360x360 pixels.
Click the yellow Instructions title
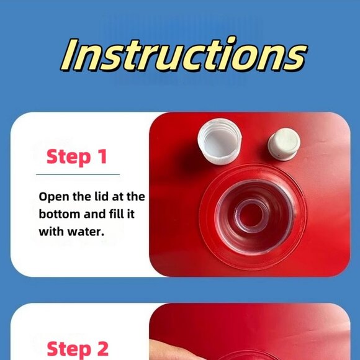pyautogui.click(x=184, y=55)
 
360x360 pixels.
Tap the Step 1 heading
pyautogui.click(x=77, y=157)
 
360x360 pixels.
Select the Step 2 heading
pyautogui.click(x=78, y=349)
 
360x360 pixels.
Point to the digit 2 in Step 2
pyautogui.click(x=102, y=349)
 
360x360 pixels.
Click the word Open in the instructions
pyautogui.click(x=54, y=197)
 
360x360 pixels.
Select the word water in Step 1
pyautogui.click(x=86, y=232)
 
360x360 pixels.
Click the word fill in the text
pyautogui.click(x=117, y=214)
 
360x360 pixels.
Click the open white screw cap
pyautogui.click(x=220, y=142)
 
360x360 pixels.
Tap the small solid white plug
pyautogui.click(x=284, y=145)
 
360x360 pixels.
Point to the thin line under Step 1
pyautogui.click(x=78, y=174)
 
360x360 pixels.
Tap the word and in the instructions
pyautogui.click(x=95, y=214)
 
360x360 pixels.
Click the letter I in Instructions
pyautogui.click(x=70, y=55)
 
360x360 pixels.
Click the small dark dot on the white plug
pyautogui.click(x=279, y=156)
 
